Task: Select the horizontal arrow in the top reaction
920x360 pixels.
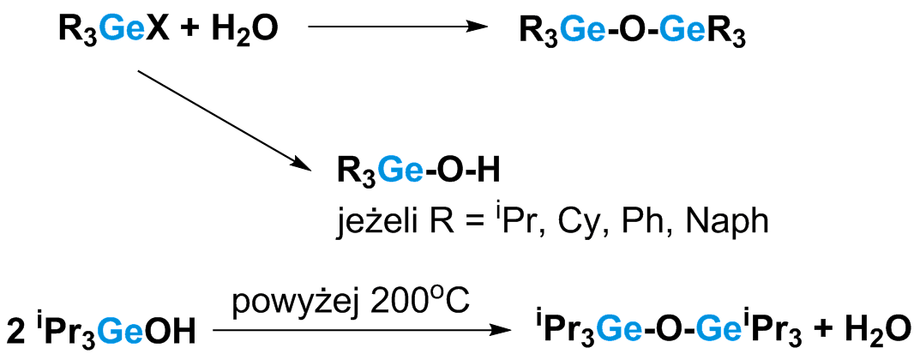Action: pos(391,28)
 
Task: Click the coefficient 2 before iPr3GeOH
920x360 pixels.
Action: pos(15,330)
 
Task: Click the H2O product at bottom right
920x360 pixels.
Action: pos(871,330)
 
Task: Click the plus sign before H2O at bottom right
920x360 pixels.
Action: pos(820,330)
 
